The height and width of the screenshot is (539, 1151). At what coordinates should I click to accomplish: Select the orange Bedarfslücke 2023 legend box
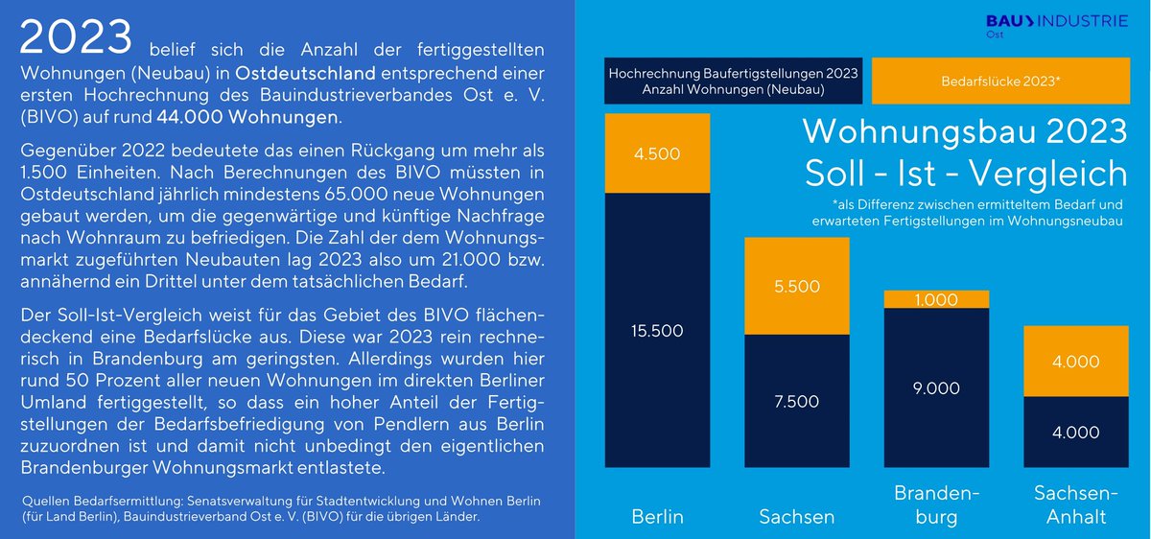(x=1000, y=81)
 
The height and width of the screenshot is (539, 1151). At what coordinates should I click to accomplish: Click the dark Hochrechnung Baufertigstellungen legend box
(x=734, y=81)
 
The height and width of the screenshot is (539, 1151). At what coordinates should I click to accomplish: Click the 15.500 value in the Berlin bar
(x=657, y=331)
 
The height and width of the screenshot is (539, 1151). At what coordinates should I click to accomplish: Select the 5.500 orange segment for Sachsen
(x=796, y=286)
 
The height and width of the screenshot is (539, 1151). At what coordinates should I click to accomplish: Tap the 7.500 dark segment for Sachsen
(x=796, y=401)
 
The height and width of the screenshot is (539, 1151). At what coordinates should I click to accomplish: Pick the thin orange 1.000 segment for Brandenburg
(x=935, y=299)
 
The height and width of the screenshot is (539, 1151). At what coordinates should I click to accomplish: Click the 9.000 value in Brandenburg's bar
(x=935, y=387)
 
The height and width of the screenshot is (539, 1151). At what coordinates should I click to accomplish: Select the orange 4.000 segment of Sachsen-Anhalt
(x=1074, y=362)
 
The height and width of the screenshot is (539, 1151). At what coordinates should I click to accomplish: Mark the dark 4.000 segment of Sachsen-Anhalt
(x=1074, y=433)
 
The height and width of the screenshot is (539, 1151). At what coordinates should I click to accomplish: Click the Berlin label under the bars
(x=657, y=517)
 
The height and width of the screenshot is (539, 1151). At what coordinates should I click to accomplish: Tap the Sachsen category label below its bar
(x=796, y=517)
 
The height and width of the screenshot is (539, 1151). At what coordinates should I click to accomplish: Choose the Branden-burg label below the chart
(x=935, y=505)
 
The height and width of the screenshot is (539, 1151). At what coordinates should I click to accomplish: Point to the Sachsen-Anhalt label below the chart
(x=1074, y=505)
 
